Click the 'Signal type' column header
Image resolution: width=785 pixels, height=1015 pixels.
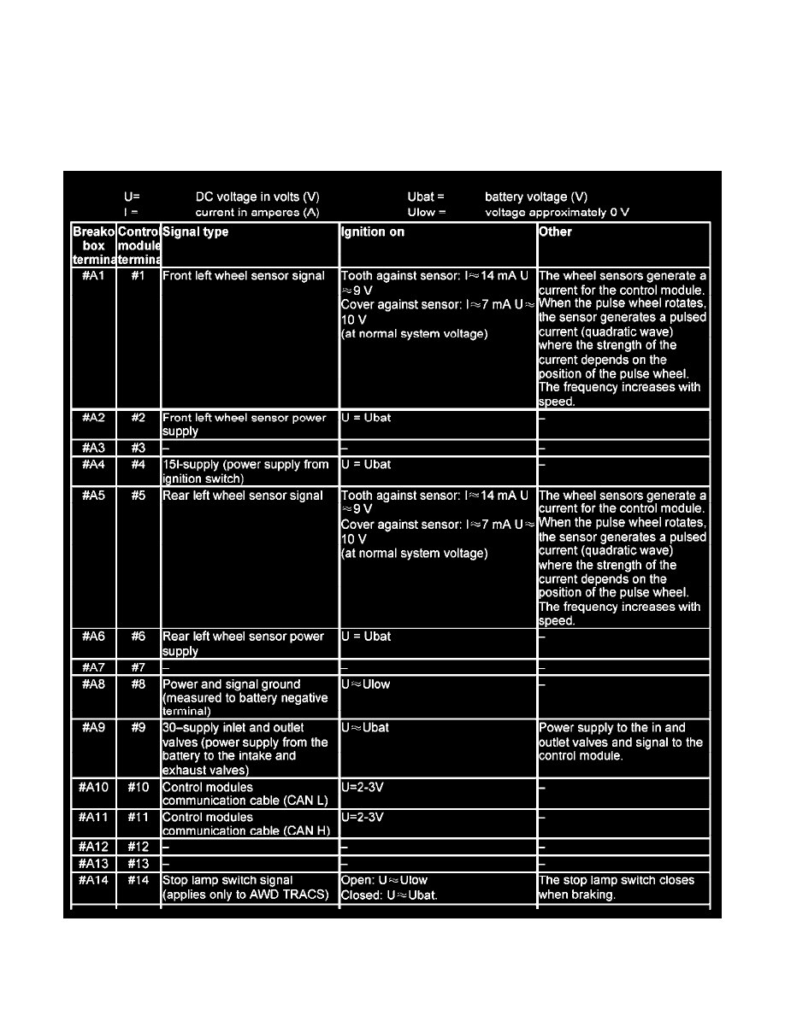coord(196,232)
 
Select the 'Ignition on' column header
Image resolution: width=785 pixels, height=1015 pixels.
coord(373,232)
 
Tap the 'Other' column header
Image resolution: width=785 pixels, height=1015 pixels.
coord(555,232)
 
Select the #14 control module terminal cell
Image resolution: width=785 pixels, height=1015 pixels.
coord(138,880)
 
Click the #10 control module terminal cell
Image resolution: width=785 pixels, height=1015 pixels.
coord(138,787)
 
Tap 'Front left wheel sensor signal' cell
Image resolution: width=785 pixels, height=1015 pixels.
coord(244,276)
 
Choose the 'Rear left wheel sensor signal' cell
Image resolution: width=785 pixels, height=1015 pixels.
coord(243,496)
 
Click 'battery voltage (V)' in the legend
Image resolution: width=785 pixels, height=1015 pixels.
coord(536,197)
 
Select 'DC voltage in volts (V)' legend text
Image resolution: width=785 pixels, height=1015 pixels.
coord(257,197)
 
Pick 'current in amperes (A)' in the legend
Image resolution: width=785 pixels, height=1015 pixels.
coord(257,212)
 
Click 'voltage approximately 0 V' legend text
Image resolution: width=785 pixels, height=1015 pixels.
coord(557,212)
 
